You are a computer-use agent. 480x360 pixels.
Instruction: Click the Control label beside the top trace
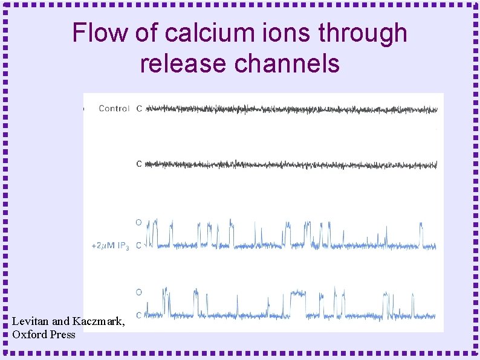tap(114, 109)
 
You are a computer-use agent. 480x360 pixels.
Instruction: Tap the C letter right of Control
tap(139, 109)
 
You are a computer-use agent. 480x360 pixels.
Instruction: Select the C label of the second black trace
tap(139, 164)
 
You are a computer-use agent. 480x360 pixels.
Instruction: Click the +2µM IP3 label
tap(110, 246)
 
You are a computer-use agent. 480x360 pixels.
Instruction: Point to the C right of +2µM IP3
tap(139, 245)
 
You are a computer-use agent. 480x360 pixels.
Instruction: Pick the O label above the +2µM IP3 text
tap(138, 222)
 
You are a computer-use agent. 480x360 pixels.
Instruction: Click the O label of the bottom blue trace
tap(138, 292)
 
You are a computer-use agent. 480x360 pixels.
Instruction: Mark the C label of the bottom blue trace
tap(139, 315)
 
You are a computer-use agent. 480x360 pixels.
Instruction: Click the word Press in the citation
tap(63, 334)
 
